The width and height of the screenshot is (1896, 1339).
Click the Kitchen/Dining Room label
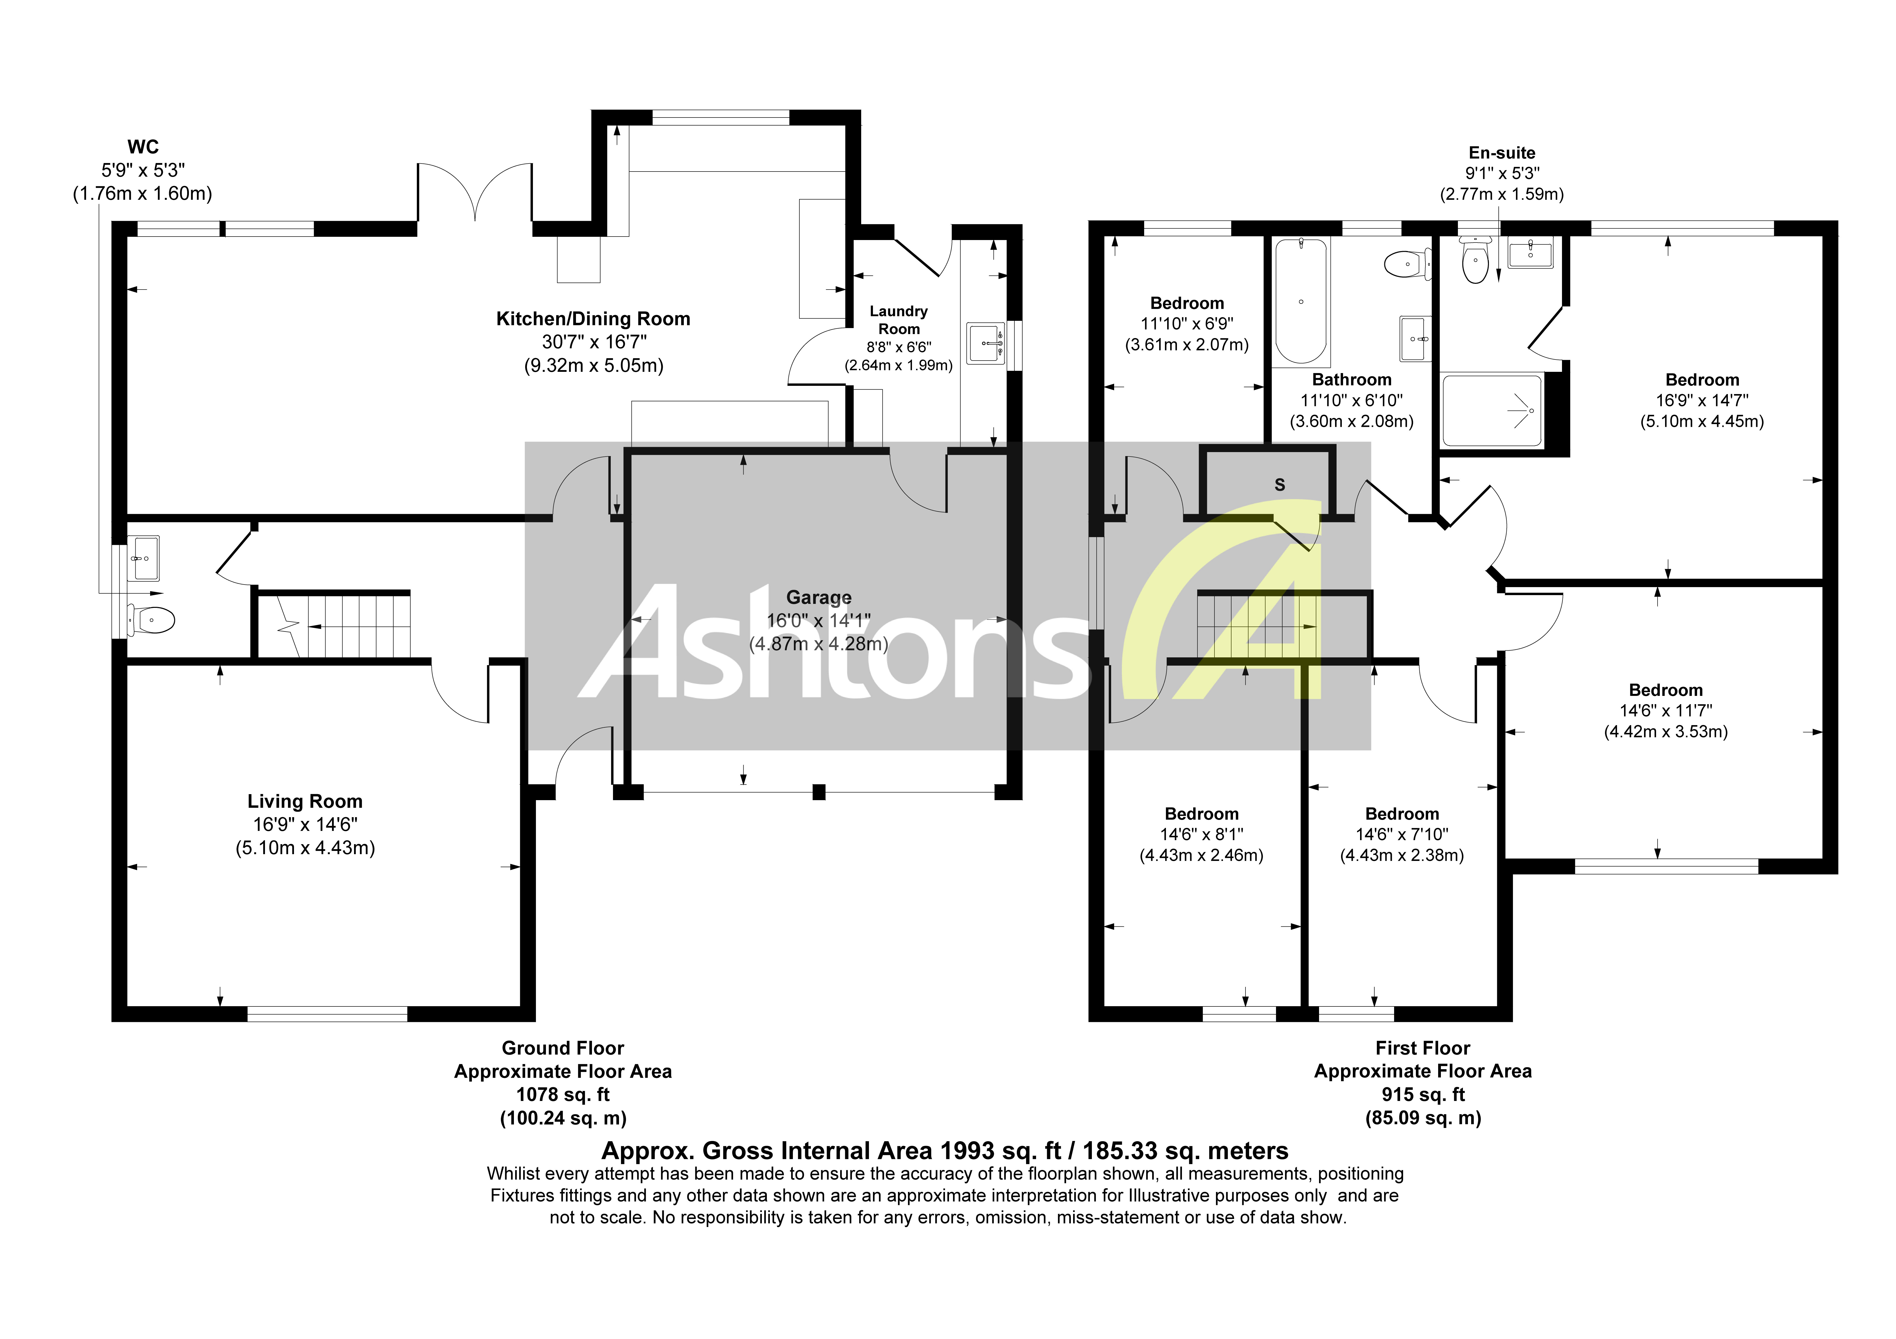[593, 319]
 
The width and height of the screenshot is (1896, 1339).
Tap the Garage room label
[818, 597]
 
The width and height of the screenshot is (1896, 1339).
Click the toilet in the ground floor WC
[153, 620]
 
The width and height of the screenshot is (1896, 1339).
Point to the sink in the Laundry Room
[985, 342]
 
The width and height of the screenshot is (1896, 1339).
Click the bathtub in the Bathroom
[1301, 301]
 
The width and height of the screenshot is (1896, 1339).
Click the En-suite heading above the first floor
[1501, 153]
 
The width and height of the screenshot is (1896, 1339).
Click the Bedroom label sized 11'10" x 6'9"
[1187, 303]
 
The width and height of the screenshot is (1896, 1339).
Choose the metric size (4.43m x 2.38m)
[1401, 855]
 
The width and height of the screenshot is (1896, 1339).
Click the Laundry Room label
[898, 320]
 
